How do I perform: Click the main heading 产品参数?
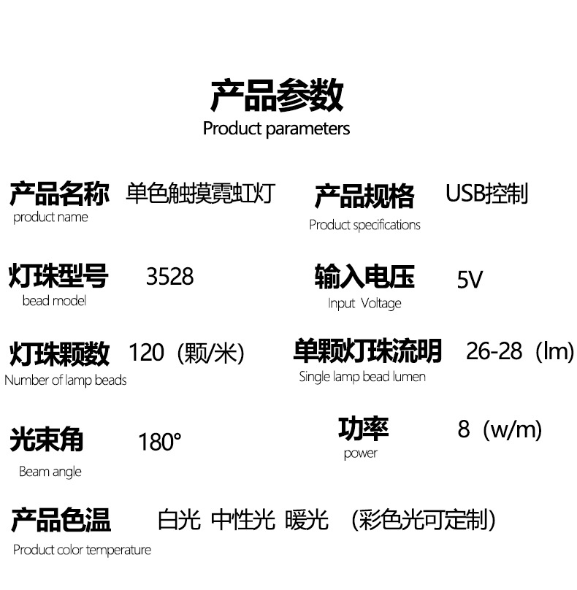click(x=277, y=96)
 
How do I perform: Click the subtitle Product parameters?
click(x=276, y=129)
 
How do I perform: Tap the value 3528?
click(x=169, y=277)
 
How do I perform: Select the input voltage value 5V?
click(x=470, y=279)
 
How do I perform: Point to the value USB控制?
click(x=486, y=194)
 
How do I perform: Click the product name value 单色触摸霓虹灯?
click(x=199, y=194)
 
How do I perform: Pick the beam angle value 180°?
click(x=159, y=442)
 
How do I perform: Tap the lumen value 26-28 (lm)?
click(x=520, y=352)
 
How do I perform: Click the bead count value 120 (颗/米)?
click(x=186, y=353)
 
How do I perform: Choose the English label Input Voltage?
click(x=364, y=303)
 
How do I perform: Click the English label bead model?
click(x=54, y=300)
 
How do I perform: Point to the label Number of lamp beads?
click(x=65, y=380)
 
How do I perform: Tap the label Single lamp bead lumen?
click(x=362, y=377)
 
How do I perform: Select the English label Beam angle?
click(x=50, y=472)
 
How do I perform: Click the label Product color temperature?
click(x=82, y=550)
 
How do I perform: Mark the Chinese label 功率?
click(x=363, y=429)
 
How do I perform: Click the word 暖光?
click(x=307, y=521)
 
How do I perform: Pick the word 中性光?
click(x=242, y=521)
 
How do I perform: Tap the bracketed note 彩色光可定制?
click(x=423, y=521)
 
